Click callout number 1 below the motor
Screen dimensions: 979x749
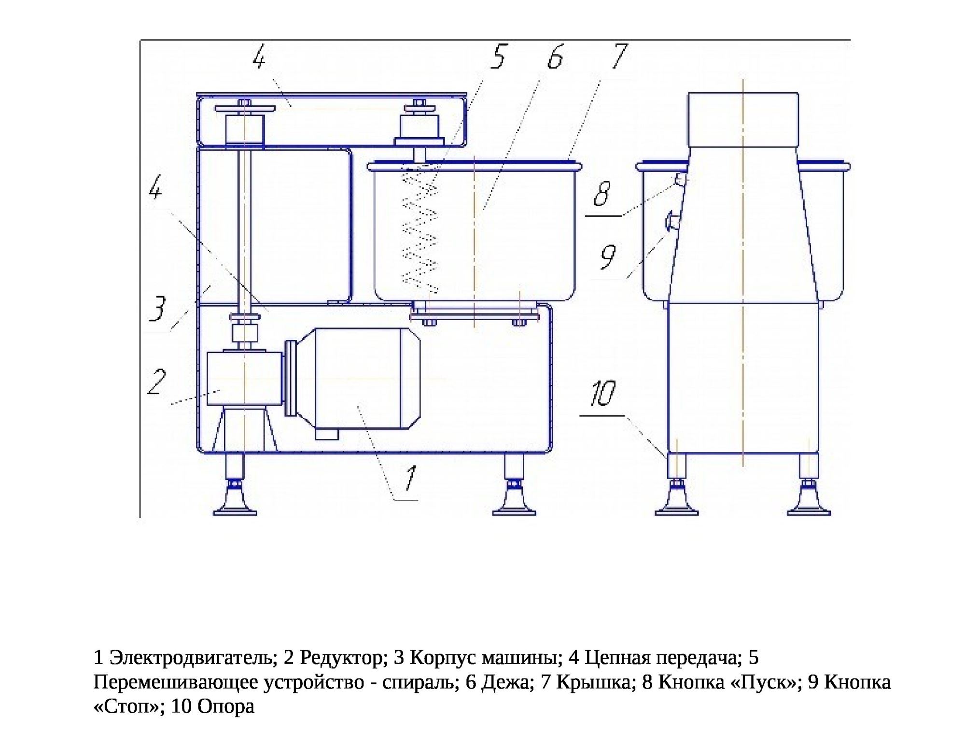pos(410,479)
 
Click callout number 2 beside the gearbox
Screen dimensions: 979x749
pos(157,382)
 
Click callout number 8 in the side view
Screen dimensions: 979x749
pos(602,194)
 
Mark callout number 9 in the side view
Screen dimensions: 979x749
pos(608,257)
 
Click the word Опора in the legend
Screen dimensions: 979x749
pos(226,707)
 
